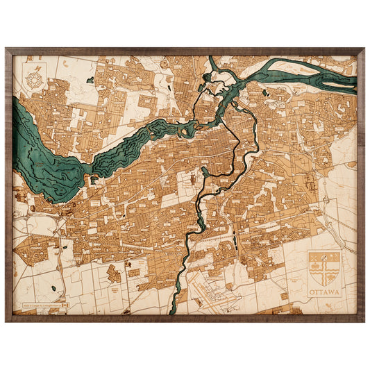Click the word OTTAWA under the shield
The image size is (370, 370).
click(324, 292)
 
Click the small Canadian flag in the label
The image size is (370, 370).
click(66, 305)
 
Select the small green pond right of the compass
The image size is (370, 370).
click(90, 81)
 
